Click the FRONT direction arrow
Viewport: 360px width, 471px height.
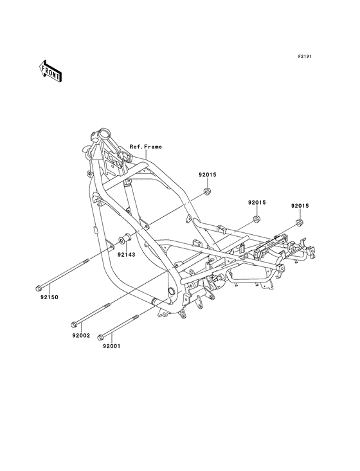50,71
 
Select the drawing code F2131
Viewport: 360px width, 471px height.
304,56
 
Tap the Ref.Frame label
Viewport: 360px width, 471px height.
145,147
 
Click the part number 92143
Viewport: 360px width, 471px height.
126,255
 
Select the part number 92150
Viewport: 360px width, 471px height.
50,297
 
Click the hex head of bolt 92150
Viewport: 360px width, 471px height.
39,288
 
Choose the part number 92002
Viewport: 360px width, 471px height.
81,335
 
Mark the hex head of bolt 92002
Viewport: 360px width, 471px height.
73,325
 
